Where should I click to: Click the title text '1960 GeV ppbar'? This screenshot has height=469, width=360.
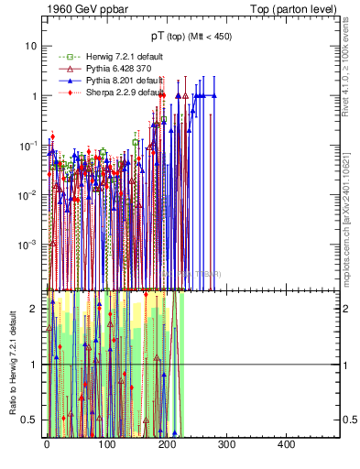[81, 8]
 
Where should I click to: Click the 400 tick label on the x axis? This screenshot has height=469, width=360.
[286, 444]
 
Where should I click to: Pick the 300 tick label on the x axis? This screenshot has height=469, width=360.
[226, 444]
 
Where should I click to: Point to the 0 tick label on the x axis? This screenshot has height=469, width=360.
[47, 444]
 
